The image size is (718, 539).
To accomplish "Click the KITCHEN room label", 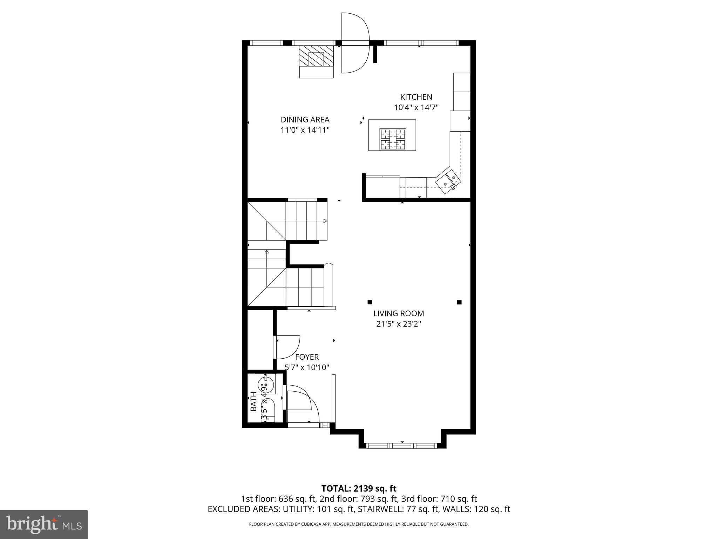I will point(416,97).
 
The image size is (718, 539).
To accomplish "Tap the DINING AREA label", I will point(305,120).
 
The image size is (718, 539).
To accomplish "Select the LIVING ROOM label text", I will point(399,313).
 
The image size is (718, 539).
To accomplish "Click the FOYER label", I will point(307,357).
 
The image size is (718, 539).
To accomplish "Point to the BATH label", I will point(253,401).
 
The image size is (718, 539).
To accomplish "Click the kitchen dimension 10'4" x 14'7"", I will point(416,107).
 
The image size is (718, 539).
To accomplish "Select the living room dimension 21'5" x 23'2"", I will point(399,324).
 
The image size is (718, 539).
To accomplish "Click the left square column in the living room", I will point(370,302).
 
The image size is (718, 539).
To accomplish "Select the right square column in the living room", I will point(459,302).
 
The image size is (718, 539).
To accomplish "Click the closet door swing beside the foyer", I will point(287,347).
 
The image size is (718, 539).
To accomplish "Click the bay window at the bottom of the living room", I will point(402,446).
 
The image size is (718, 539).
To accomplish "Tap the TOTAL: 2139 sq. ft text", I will point(359,488).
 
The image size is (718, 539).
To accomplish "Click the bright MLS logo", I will point(43,525).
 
